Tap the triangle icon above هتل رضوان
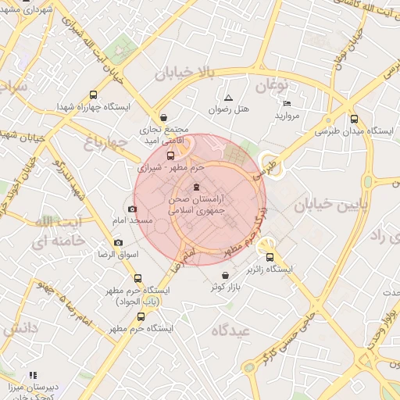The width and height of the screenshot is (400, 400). (228, 98)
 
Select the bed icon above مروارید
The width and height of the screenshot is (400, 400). (287, 103)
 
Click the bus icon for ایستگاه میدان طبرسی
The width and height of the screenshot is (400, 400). (355, 120)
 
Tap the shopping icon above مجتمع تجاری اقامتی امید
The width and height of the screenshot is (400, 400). (162, 116)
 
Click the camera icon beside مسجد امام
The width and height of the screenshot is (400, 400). (132, 209)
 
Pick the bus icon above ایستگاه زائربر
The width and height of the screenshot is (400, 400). (270, 257)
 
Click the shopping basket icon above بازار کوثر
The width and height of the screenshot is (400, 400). (226, 275)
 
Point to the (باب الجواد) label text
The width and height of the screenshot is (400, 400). (138, 302)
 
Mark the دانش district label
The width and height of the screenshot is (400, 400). (20, 329)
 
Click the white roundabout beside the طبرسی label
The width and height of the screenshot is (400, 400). (270, 161)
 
